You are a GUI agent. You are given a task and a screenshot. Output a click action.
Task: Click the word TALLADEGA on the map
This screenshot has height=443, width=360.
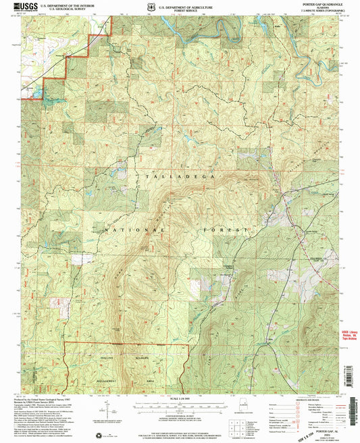[181, 175]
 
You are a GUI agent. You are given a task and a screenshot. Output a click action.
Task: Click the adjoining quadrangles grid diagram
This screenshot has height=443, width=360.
[234, 425]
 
